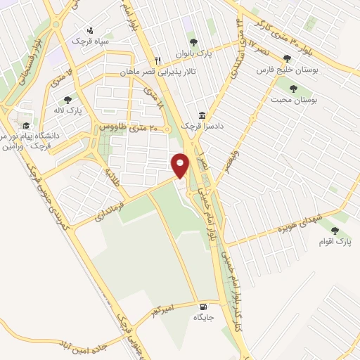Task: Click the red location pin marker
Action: point(181,165)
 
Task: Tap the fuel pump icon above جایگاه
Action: point(203,307)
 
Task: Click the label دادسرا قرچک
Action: point(196,124)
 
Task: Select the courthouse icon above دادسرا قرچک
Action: point(202,115)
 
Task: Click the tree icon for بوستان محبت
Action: point(294,89)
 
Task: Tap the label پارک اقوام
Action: point(336,242)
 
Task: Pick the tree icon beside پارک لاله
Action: point(67,100)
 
